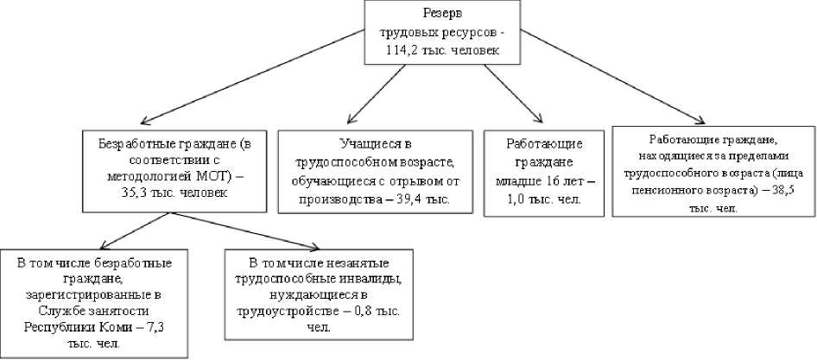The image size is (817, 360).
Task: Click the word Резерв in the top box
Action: tap(441, 13)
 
